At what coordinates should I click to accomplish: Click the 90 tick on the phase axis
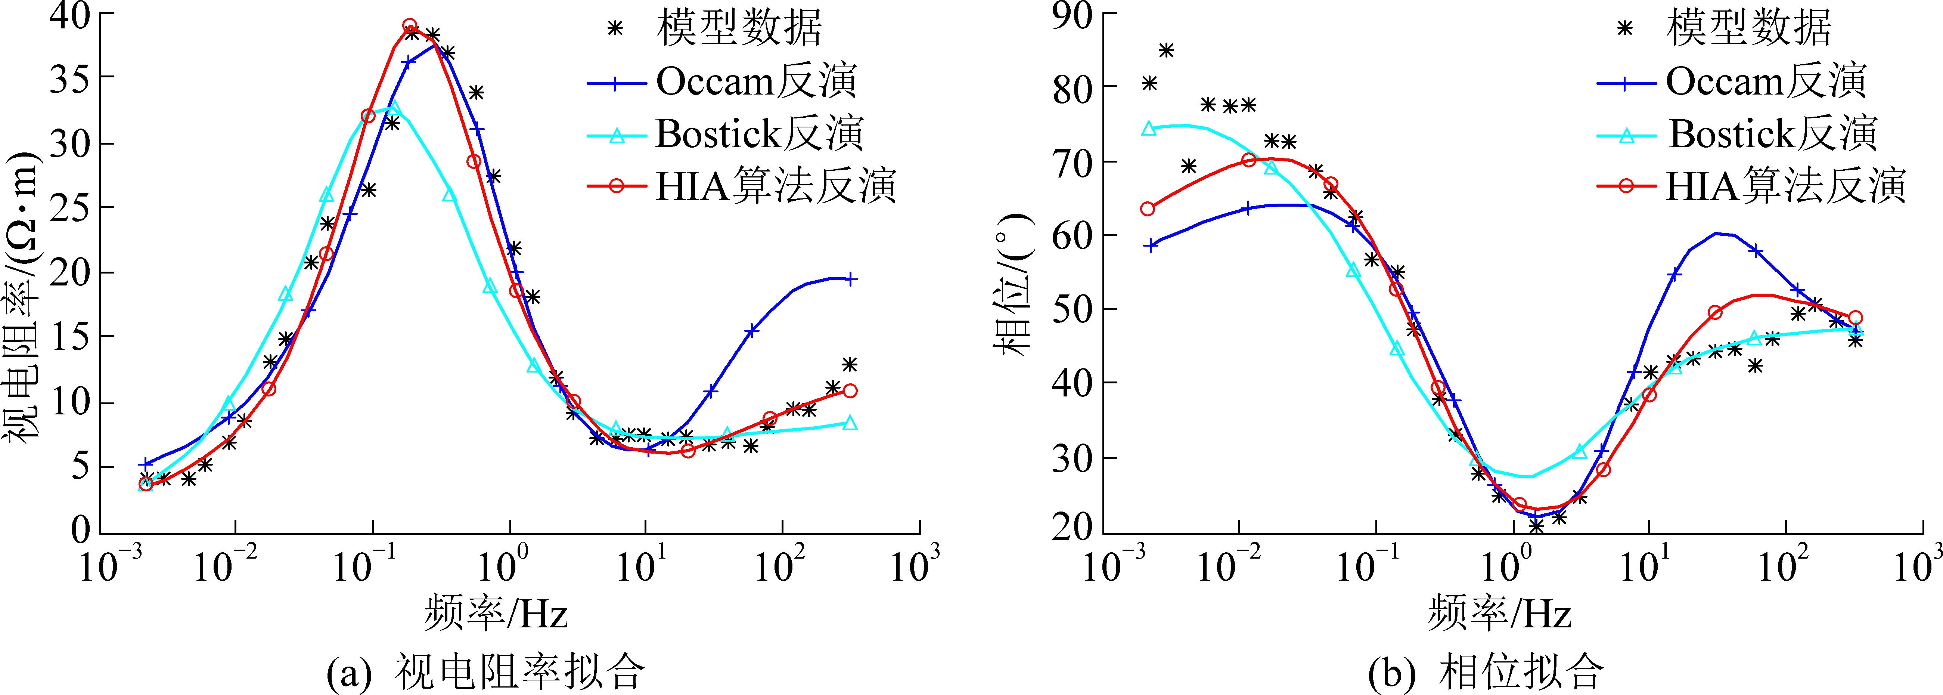pyautogui.click(x=1073, y=15)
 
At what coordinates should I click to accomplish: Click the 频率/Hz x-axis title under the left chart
pyautogui.click(x=496, y=613)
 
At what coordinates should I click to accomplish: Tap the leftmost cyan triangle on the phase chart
pyautogui.click(x=1149, y=128)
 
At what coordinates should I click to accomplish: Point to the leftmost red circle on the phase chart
pyautogui.click(x=1147, y=208)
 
